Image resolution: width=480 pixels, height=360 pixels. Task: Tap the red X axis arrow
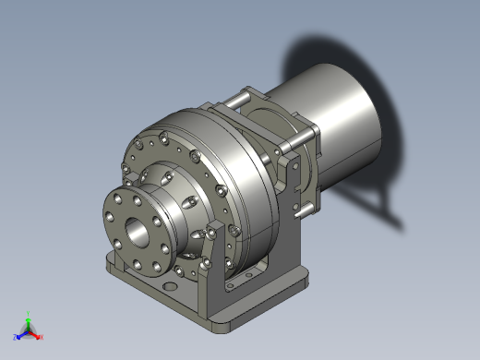coord(36,334)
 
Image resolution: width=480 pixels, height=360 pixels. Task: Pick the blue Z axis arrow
coord(20,333)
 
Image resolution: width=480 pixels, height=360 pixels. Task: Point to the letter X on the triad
coord(42,337)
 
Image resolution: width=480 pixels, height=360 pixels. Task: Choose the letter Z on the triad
coord(15,337)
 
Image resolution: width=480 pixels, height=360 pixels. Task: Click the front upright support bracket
coord(217,277)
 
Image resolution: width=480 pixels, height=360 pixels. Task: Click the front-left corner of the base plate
coord(110,267)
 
